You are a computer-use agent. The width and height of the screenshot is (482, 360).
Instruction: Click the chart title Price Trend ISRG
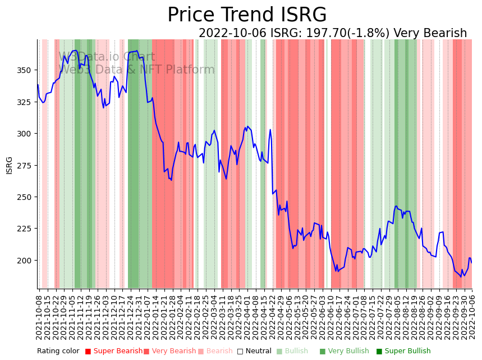(247, 15)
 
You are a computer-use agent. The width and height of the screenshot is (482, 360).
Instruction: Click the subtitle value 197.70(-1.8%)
(348, 34)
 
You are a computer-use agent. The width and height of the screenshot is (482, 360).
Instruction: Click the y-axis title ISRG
(9, 165)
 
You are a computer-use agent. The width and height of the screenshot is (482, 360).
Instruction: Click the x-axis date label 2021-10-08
(39, 317)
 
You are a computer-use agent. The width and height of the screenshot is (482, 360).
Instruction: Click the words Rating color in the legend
(58, 352)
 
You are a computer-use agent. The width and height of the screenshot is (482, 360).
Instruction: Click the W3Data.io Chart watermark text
(107, 57)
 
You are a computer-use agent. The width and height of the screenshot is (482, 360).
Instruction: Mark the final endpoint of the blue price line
(472, 262)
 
